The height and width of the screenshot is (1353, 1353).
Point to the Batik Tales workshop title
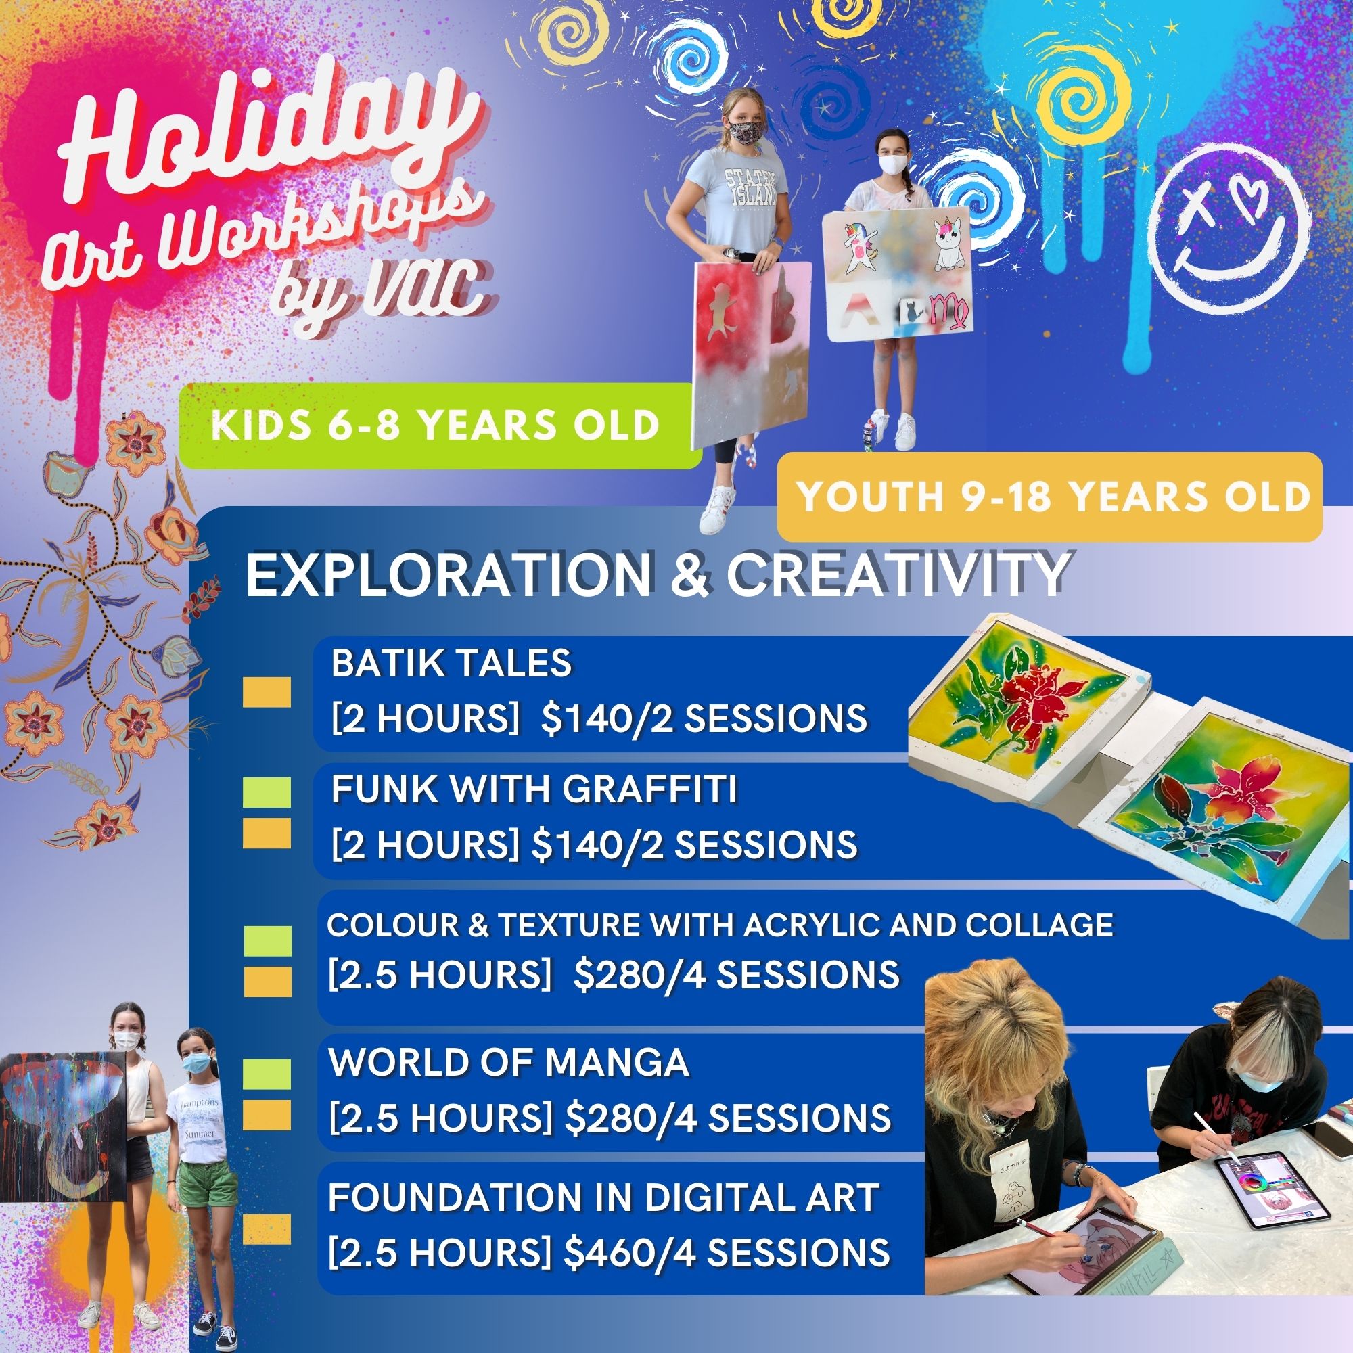(452, 662)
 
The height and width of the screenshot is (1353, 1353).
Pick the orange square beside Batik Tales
(267, 692)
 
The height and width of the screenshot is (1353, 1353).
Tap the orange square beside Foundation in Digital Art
(267, 1229)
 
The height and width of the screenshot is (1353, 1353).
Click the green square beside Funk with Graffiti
(267, 793)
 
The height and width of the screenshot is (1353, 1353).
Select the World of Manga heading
(509, 1062)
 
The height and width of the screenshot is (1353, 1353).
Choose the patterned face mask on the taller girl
(739, 130)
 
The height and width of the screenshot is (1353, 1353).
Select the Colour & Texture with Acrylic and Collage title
(720, 925)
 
